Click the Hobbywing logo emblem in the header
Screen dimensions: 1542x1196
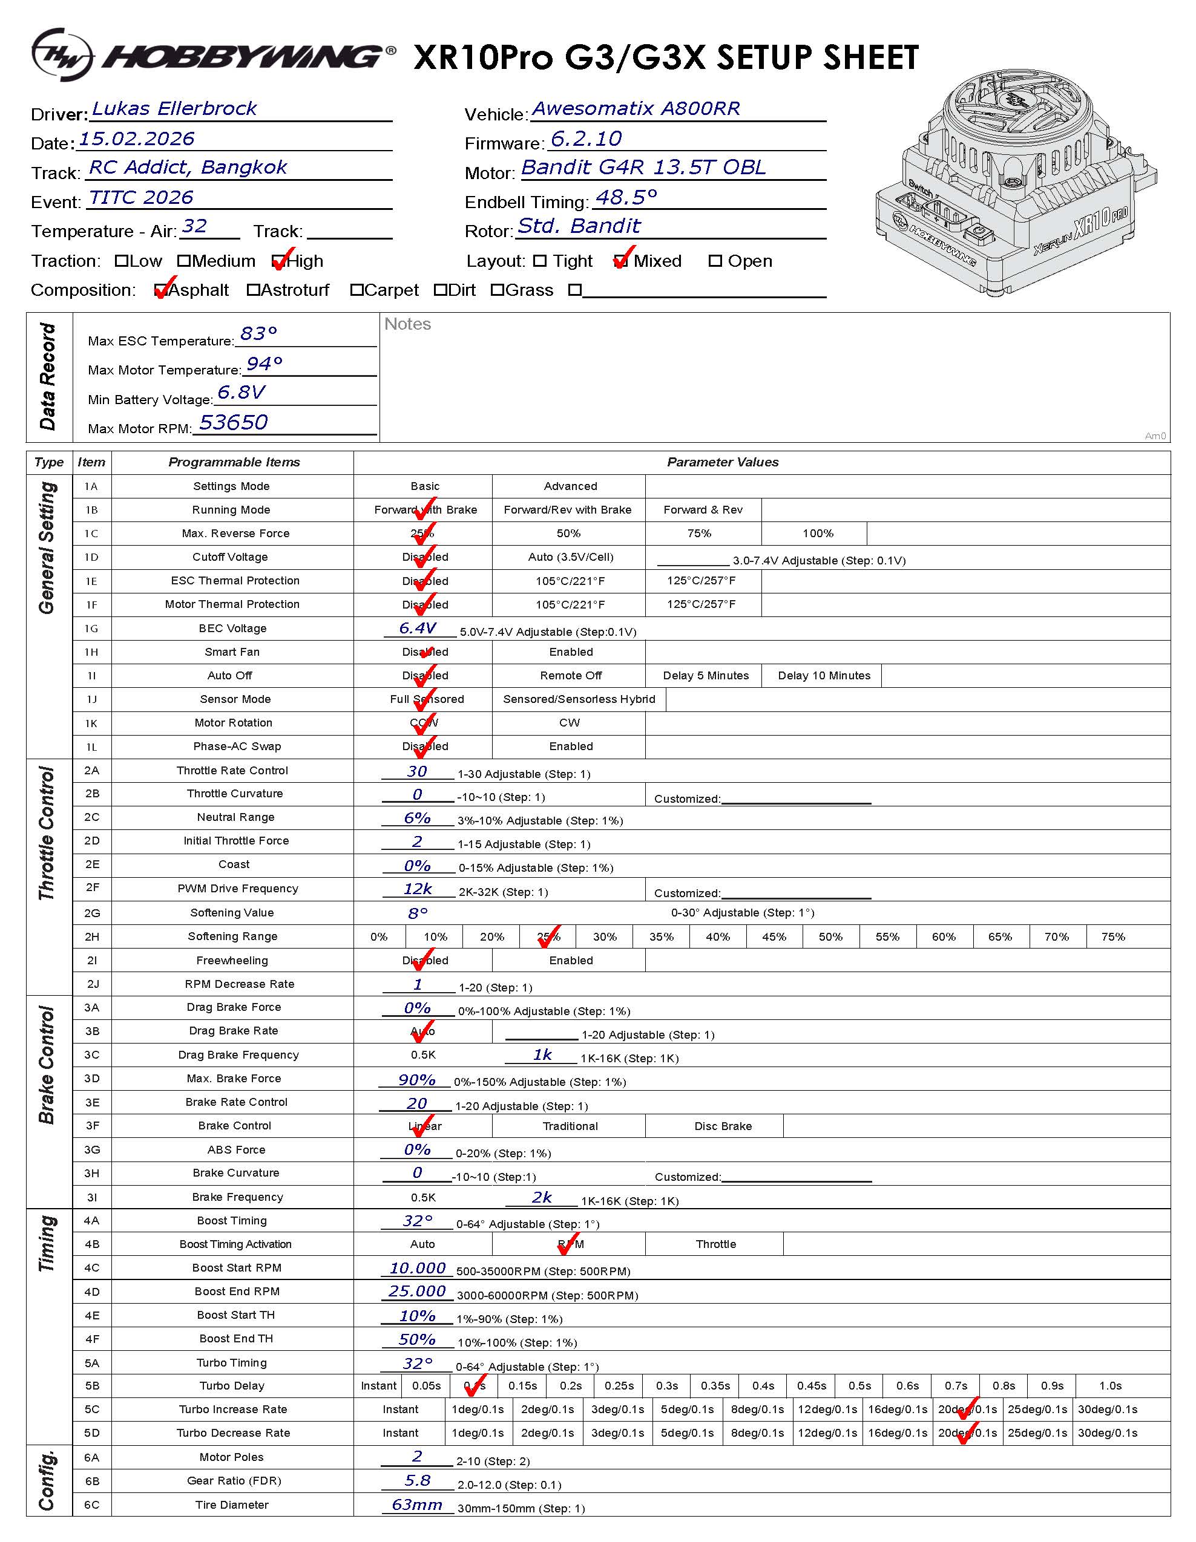[62, 55]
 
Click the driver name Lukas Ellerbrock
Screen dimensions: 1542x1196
[174, 109]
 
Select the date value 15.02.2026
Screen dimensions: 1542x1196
[136, 139]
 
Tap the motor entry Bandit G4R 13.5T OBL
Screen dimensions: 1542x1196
[643, 168]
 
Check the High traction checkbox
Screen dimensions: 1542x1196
[278, 262]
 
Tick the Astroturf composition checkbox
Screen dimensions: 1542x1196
[253, 290]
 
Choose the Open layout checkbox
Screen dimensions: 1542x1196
[715, 261]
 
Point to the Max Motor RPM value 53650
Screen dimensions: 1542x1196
[233, 422]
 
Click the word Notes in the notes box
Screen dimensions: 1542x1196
[407, 324]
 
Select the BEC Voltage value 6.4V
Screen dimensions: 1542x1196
[417, 628]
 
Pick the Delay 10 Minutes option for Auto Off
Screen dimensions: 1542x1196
[824, 676]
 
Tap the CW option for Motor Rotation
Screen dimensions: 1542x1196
[569, 723]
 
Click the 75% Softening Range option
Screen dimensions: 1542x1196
[1112, 937]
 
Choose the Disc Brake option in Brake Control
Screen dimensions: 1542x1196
[723, 1126]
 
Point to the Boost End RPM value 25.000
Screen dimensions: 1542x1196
[417, 1292]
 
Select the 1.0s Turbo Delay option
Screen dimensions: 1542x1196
[1110, 1386]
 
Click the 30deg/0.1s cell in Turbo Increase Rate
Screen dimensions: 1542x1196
[1107, 1410]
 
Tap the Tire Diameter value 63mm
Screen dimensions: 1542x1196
[417, 1504]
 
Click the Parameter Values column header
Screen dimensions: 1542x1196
[723, 462]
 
